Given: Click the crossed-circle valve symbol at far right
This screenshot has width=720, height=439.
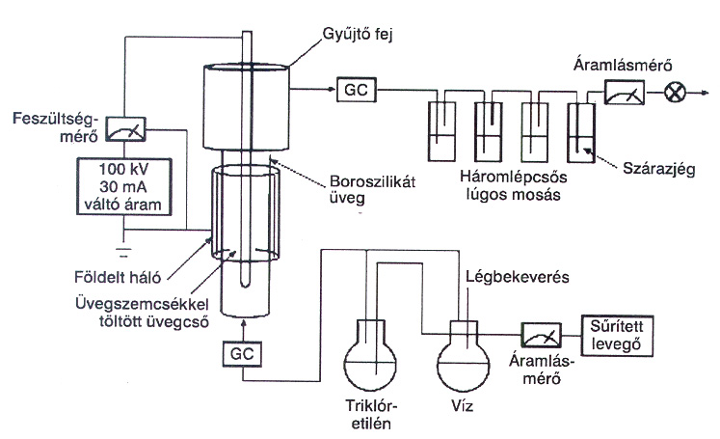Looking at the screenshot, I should tap(679, 93).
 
